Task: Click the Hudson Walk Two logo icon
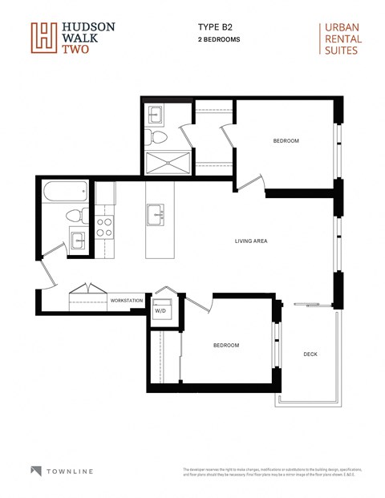(44, 38)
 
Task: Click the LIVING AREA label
(251, 241)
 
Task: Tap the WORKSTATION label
(127, 301)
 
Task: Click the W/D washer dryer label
(160, 310)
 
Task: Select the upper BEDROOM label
(286, 141)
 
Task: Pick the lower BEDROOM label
(225, 345)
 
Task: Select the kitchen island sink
(156, 214)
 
